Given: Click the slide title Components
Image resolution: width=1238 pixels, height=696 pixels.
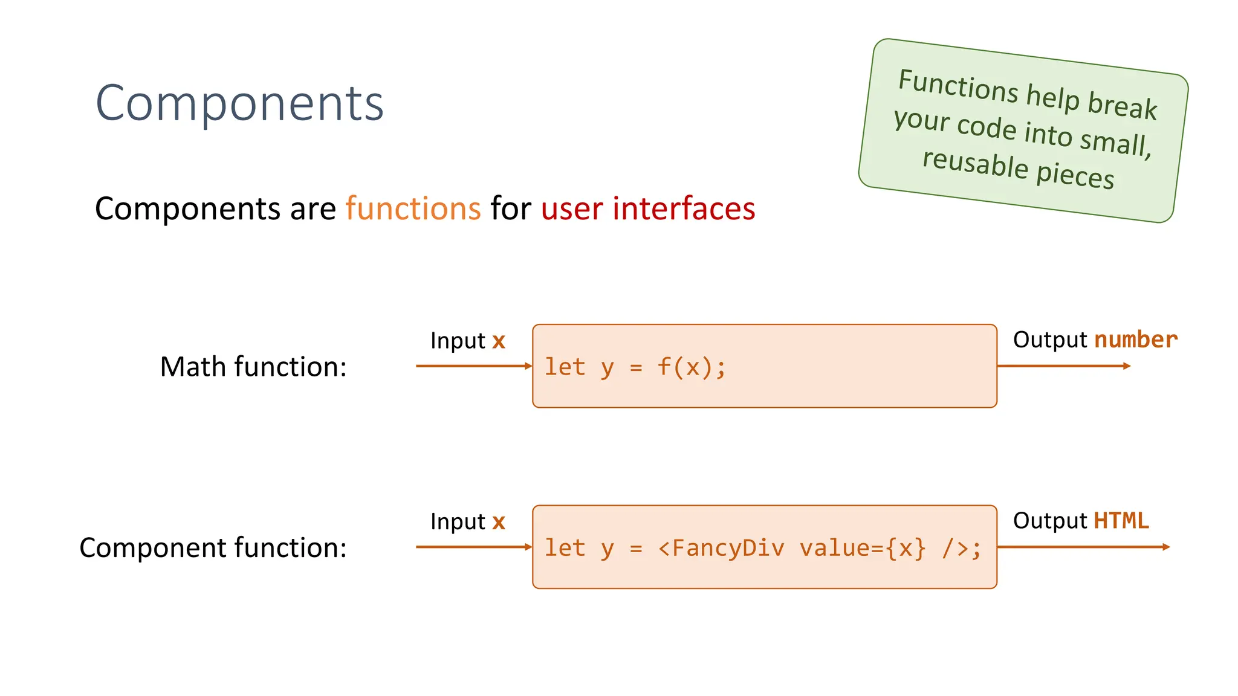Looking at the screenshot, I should coord(239,103).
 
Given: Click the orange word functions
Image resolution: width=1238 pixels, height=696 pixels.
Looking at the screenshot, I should coord(413,209).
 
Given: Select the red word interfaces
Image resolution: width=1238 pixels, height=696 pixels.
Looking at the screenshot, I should coord(684,209).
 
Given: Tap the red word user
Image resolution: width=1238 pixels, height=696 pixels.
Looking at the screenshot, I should coord(572,210).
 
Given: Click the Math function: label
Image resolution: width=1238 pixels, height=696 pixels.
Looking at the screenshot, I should coord(253,367).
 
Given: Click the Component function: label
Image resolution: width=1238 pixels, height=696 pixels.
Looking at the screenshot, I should coord(213,548).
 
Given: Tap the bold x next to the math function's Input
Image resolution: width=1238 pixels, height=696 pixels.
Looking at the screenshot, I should coord(498,341).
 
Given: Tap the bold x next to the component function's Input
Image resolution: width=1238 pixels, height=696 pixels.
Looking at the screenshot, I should coord(498,522).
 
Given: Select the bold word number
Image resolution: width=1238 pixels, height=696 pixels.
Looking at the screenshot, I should coord(1136,340).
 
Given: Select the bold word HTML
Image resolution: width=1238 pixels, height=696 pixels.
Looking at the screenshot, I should coord(1121,521).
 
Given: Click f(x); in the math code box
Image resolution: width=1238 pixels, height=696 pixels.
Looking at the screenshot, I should coord(691,367).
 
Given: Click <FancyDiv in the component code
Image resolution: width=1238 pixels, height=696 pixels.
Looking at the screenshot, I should coord(721,548).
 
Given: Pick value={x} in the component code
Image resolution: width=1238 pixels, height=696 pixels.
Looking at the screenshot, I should coord(862,548).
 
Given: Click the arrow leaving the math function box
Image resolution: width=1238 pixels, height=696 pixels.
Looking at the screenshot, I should coord(1063,366).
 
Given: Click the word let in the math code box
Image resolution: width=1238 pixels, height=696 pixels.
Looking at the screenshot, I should coord(565,367).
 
